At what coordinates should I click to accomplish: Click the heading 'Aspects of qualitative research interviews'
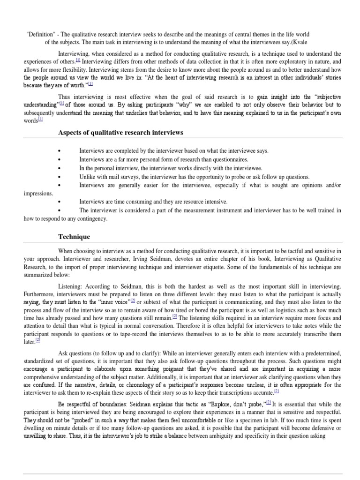point(120,133)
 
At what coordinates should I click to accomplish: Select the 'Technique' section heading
point(74,237)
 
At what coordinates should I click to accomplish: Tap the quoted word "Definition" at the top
point(42,35)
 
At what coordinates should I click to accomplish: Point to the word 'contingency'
point(92,218)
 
